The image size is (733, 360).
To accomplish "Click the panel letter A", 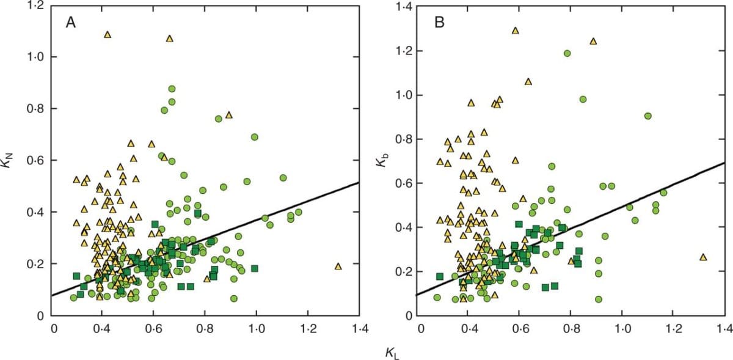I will pyautogui.click(x=71, y=23).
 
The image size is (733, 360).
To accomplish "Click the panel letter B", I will pyautogui.click(x=439, y=23).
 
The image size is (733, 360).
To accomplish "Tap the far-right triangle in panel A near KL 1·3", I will pyautogui.click(x=338, y=266).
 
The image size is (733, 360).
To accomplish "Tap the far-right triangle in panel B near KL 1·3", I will pyautogui.click(x=702, y=257).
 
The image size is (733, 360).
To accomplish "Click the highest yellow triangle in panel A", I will pyautogui.click(x=108, y=34).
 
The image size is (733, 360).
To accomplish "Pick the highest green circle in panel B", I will pyautogui.click(x=567, y=53).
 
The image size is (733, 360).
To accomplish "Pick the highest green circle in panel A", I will pyautogui.click(x=172, y=89).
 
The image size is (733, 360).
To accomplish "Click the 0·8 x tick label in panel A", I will pyautogui.click(x=205, y=329).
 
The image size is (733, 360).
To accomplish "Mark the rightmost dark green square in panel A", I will pyautogui.click(x=255, y=268).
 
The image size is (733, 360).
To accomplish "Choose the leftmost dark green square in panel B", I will pyautogui.click(x=439, y=276).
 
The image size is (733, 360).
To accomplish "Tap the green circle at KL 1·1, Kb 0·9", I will pyautogui.click(x=647, y=116).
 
